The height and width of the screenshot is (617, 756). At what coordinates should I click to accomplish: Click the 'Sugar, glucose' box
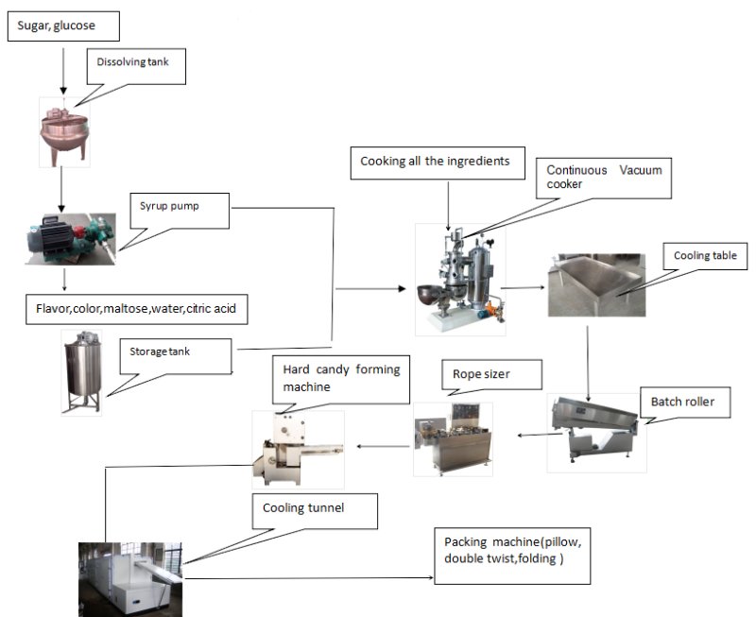coord(64,27)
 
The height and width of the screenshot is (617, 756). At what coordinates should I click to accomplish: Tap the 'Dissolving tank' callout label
coord(136,65)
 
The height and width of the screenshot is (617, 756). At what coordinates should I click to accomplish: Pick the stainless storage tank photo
coord(82,370)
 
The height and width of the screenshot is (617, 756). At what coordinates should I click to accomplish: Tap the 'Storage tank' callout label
coord(177,355)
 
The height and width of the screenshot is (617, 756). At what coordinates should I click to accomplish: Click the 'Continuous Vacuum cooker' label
coord(605,178)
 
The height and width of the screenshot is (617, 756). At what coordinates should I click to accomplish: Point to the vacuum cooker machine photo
coord(460,280)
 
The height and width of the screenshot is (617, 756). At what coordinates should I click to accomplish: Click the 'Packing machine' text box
coord(510,552)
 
